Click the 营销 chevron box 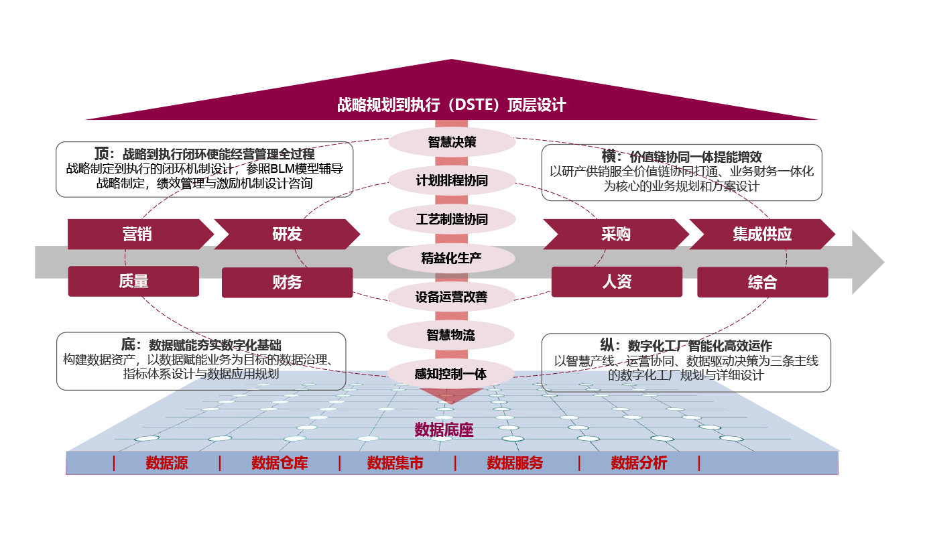(137, 234)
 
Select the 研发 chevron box (287, 234)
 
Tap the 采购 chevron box (615, 234)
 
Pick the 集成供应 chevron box (762, 234)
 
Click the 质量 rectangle (133, 281)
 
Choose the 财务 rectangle (287, 283)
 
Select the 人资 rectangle (617, 282)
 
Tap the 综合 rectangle (762, 283)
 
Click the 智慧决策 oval (452, 142)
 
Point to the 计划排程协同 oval (452, 181)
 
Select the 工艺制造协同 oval (452, 220)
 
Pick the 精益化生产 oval (452, 258)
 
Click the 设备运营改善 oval (452, 297)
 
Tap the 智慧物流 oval (451, 335)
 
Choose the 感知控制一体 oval (451, 374)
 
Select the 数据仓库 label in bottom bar (280, 463)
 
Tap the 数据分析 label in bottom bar (639, 463)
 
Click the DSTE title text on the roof (451, 105)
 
